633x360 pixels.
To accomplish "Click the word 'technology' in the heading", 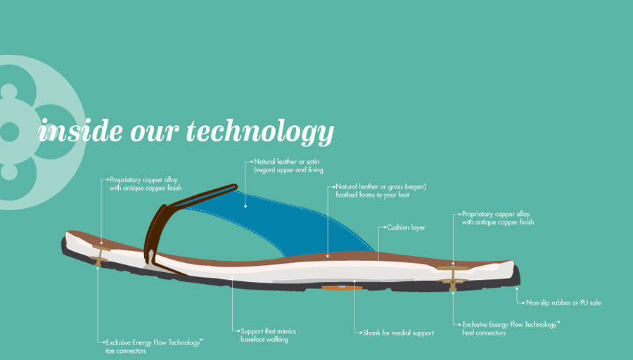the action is pos(260,132).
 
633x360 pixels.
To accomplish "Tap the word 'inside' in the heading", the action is pos(80,130).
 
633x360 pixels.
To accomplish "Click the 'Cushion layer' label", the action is pos(406,227).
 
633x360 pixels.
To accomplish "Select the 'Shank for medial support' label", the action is pos(398,333).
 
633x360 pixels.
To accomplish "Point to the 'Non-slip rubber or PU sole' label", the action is pos(563,302).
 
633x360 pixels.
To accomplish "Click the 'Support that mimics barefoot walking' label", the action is pos(268,335).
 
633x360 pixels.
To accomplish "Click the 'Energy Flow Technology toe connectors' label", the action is pos(154,346).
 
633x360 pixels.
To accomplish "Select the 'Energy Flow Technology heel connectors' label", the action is pos(511,328).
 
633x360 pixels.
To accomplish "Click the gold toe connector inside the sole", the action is pos(99,255).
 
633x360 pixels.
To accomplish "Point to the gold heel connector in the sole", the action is pos(452,278).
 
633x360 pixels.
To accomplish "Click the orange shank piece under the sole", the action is pos(342,288).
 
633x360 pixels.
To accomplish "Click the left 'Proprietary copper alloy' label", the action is pos(146,184).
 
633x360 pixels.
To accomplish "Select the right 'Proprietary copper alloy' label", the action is pos(498,218).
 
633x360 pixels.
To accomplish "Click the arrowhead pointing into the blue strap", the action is pos(245,206).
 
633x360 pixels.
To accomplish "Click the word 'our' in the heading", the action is pos(154,131).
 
